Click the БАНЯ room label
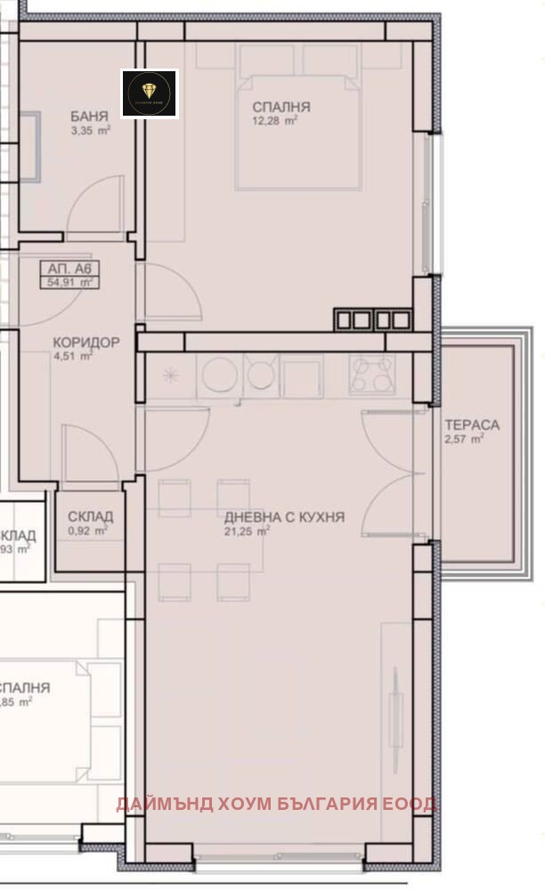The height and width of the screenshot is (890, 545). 89,116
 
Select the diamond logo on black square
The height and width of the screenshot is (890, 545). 150,93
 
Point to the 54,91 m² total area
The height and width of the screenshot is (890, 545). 71,283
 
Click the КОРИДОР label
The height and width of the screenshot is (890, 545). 85,341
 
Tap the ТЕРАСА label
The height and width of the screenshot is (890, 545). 471,425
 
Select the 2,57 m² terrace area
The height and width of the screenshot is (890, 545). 464,439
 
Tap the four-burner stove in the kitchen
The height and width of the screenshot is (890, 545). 372,374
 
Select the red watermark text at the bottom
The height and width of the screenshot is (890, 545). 276,804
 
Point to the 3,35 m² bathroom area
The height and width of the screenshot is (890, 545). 91,130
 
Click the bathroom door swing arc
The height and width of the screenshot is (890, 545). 94,206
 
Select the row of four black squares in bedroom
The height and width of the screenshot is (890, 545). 372,319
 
